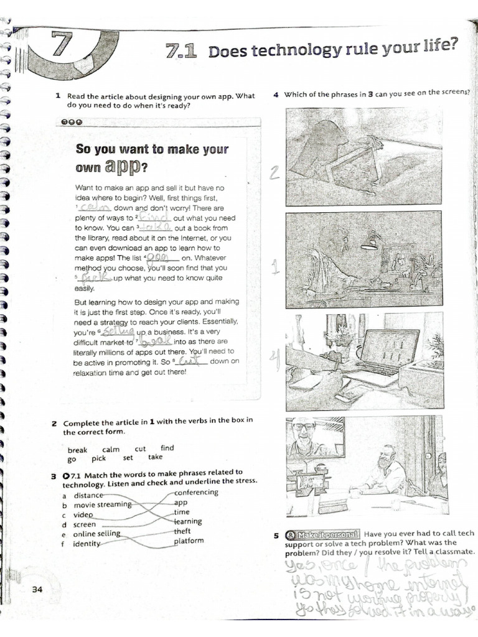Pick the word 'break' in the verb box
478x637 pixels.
click(78, 450)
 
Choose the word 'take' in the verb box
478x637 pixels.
click(155, 457)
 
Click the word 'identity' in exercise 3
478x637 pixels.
click(87, 544)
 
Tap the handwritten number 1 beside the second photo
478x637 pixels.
click(274, 267)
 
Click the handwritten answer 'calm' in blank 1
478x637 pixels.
click(94, 208)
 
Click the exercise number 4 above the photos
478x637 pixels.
click(276, 95)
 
